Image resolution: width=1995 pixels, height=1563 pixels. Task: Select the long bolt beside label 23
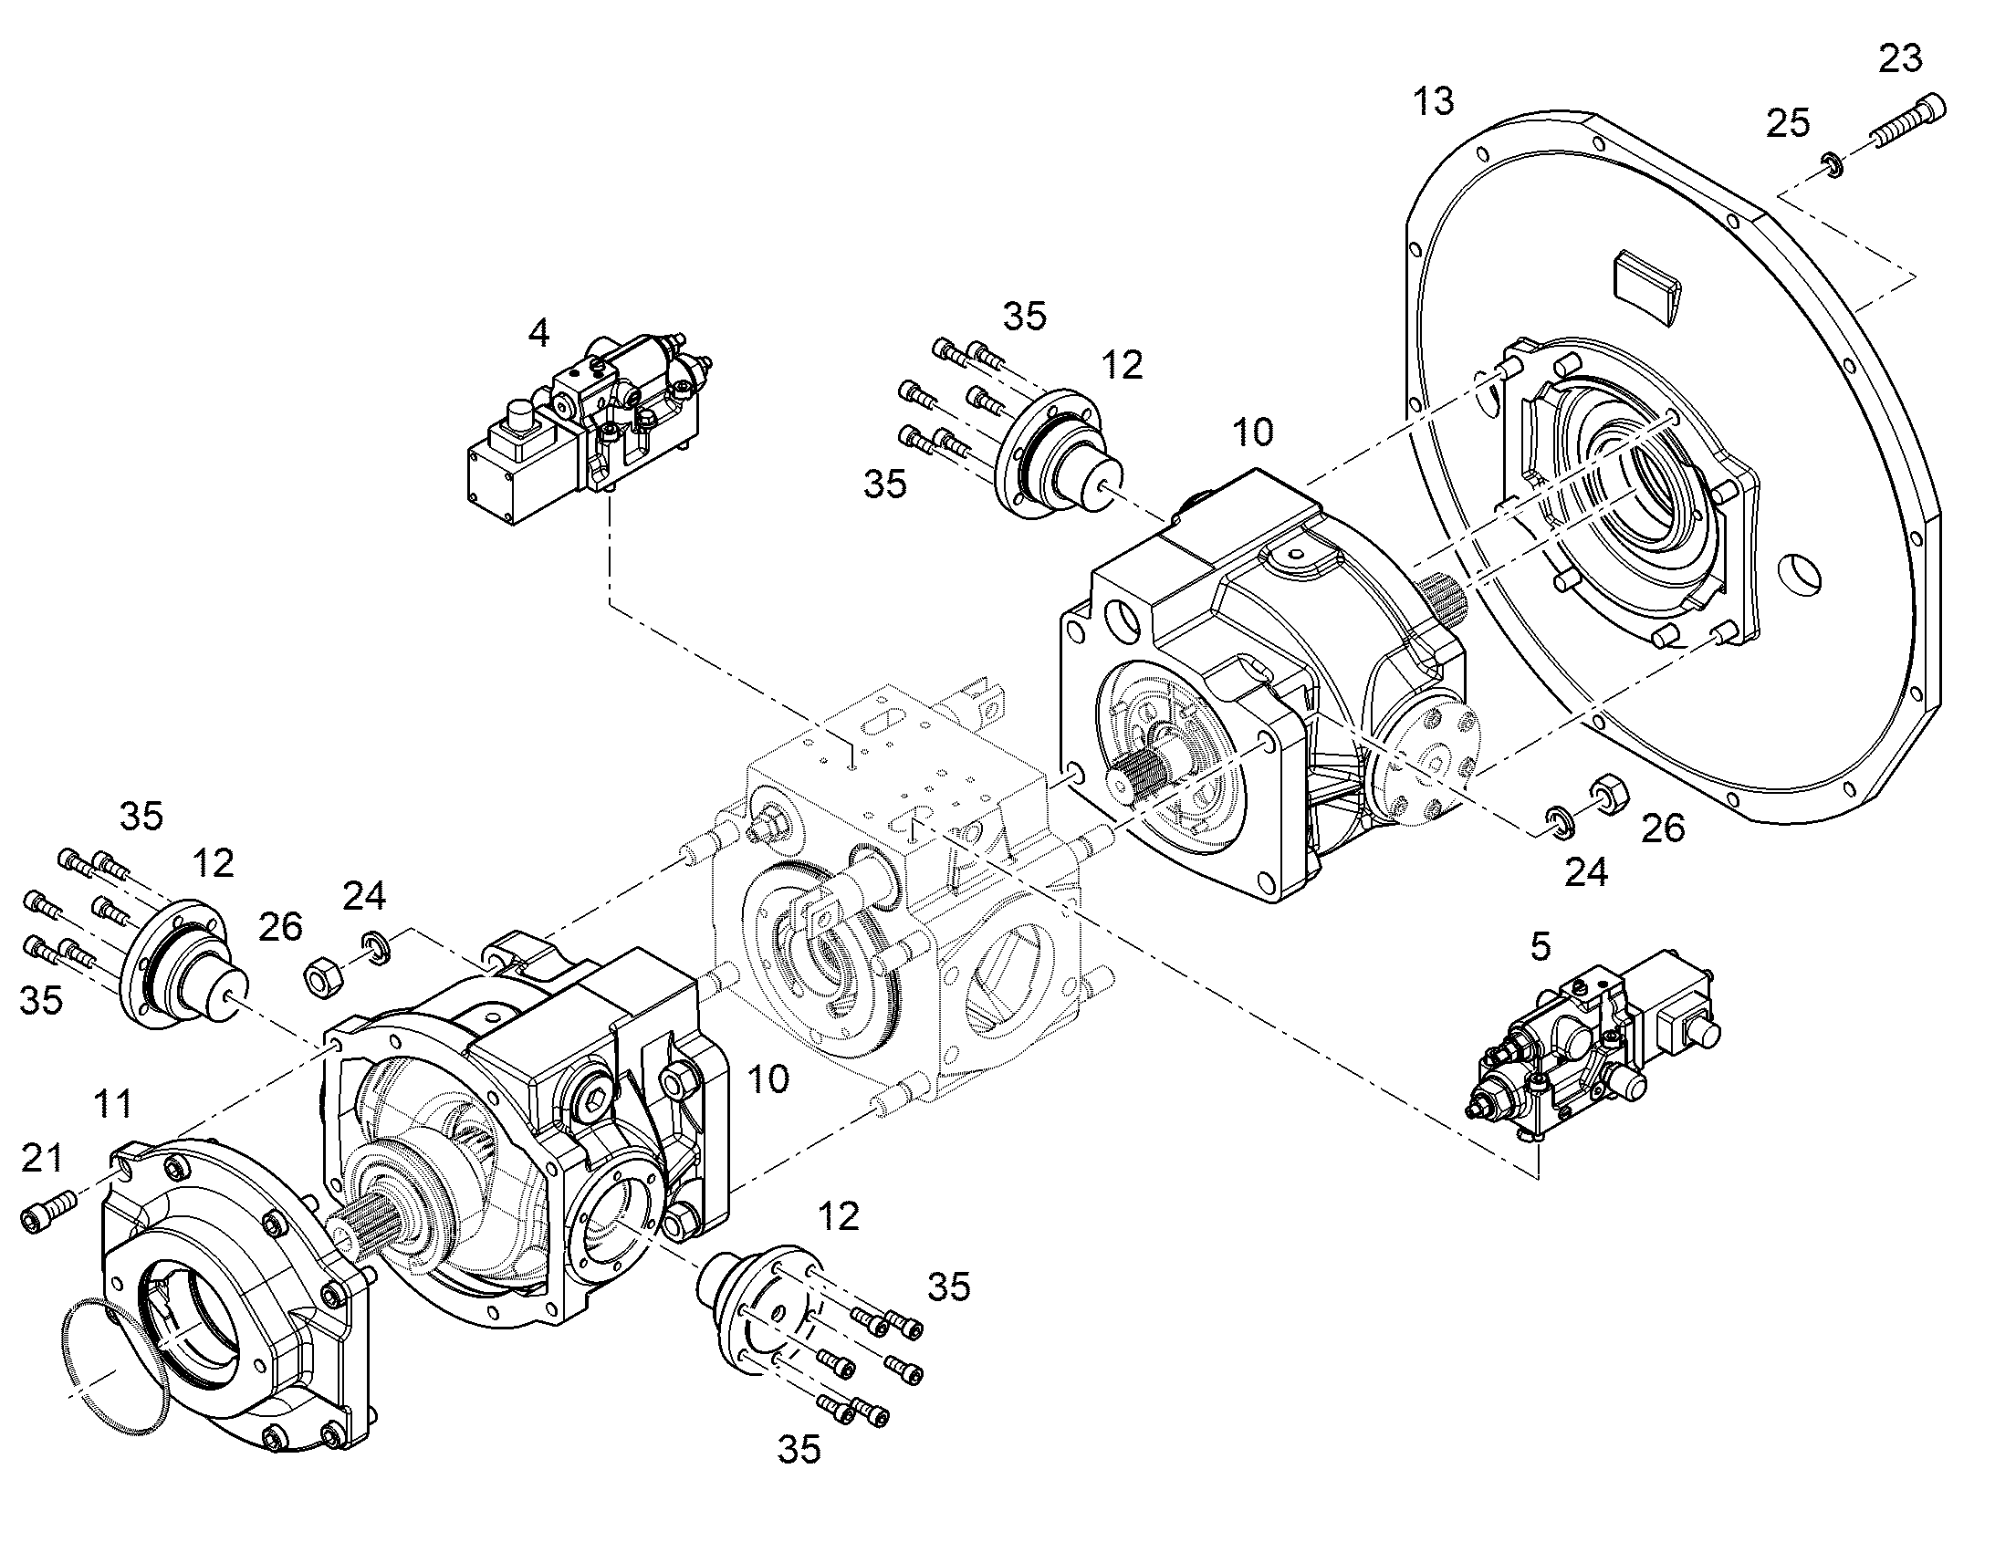pos(1908,121)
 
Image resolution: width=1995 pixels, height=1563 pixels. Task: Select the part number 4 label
pos(539,333)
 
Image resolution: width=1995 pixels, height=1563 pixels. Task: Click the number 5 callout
pos(1541,947)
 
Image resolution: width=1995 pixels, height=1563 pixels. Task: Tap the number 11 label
pos(112,1104)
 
